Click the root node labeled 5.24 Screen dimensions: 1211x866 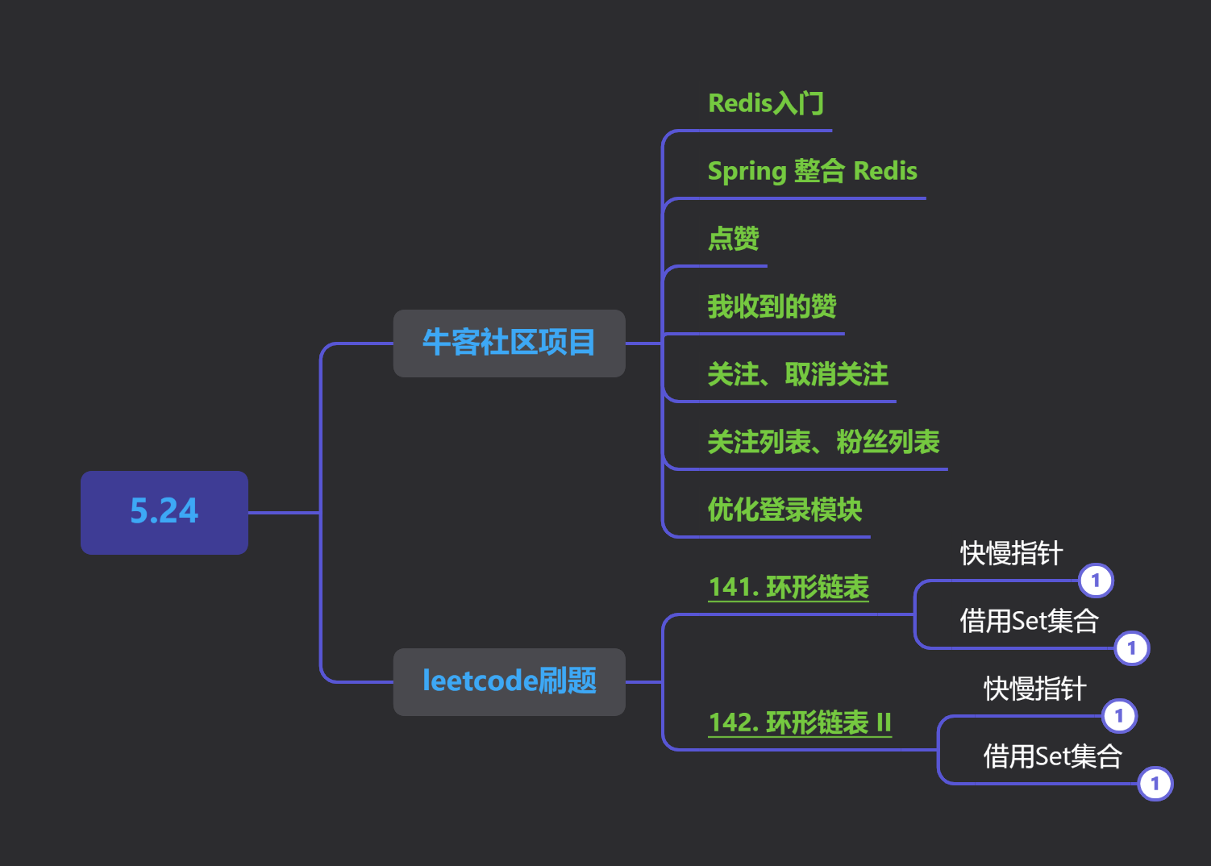tap(164, 513)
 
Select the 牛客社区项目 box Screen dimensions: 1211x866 tap(510, 343)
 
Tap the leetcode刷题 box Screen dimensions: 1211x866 tap(510, 681)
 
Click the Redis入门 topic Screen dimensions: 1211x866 tap(766, 103)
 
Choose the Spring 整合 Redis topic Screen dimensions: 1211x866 tap(813, 171)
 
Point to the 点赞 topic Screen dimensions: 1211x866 tap(734, 239)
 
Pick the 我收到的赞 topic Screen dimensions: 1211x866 tap(772, 306)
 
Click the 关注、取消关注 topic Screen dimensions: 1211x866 tap(798, 374)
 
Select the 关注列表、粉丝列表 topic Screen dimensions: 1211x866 tap(824, 442)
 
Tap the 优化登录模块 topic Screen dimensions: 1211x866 tap(785, 510)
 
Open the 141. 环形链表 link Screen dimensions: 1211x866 tap(789, 587)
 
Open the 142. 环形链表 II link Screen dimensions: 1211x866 tap(800, 722)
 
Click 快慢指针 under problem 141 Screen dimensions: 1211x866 tap(1012, 553)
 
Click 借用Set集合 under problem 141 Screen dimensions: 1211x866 tap(1030, 621)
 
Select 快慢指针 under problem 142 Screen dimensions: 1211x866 tap(1034, 689)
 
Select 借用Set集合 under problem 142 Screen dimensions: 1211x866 tap(1053, 756)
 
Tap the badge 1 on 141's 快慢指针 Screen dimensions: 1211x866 tap(1096, 581)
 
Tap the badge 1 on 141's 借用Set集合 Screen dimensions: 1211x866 tap(1131, 648)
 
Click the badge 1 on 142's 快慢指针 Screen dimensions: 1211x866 tap(1119, 716)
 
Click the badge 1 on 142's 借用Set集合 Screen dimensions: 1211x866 tap(1155, 784)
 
